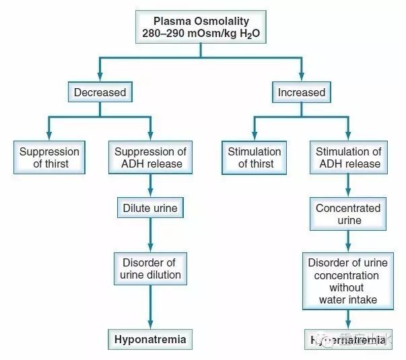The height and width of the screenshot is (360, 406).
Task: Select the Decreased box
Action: click(99, 92)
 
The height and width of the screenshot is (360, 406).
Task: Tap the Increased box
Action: click(302, 92)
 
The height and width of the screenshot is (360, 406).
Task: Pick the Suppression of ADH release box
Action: click(149, 157)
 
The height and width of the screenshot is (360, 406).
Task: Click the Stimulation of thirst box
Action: click(255, 157)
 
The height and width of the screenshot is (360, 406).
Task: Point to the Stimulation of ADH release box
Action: click(348, 157)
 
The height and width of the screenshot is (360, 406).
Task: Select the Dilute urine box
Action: click(149, 208)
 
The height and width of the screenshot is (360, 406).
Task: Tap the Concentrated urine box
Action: click(348, 214)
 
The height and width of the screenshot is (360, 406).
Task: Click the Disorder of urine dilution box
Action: click(151, 268)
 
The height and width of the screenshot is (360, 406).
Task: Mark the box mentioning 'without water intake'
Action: click(348, 281)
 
